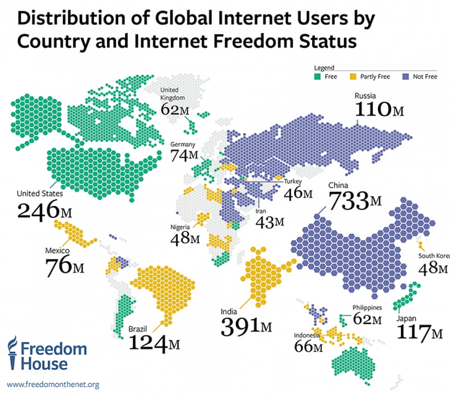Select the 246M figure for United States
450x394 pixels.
(x=46, y=211)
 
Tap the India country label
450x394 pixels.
(x=231, y=309)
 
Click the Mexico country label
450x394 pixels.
(x=58, y=249)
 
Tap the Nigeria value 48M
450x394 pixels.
(x=186, y=239)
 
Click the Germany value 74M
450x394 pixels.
(x=184, y=155)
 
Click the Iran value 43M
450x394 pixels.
(x=270, y=222)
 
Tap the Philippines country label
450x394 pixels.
(x=367, y=308)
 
